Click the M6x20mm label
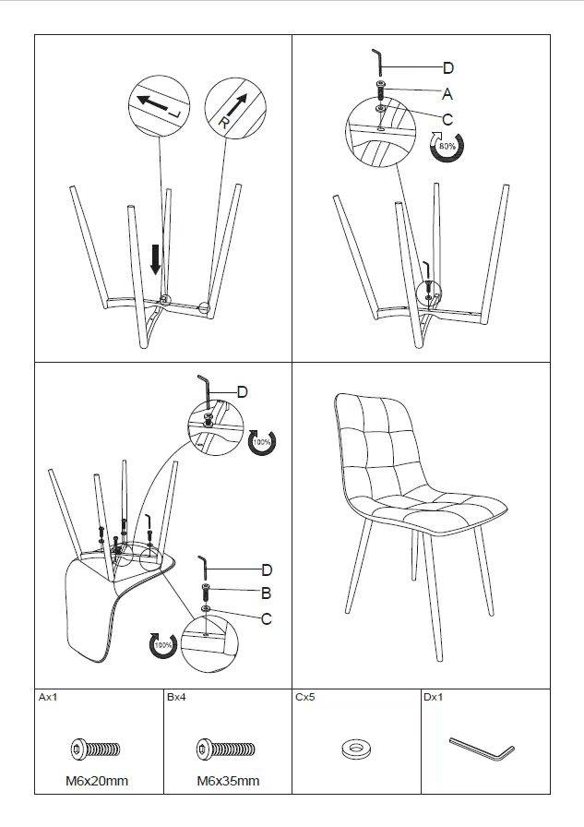tap(97, 781)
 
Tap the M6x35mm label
tap(228, 781)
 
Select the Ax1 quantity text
tap(48, 697)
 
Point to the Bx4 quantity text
tap(176, 697)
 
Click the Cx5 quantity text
tap(305, 697)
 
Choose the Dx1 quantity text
tap(434, 697)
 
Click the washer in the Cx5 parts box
tap(356, 749)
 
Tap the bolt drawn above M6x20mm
tap(95, 749)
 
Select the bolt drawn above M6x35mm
tap(226, 749)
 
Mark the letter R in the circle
tap(223, 123)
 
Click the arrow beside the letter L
tap(152, 102)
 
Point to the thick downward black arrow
tap(156, 259)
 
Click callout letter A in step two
tap(447, 94)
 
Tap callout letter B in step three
tap(267, 593)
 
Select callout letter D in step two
tap(448, 67)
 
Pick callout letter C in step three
tap(267, 618)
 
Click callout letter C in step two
tap(447, 120)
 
